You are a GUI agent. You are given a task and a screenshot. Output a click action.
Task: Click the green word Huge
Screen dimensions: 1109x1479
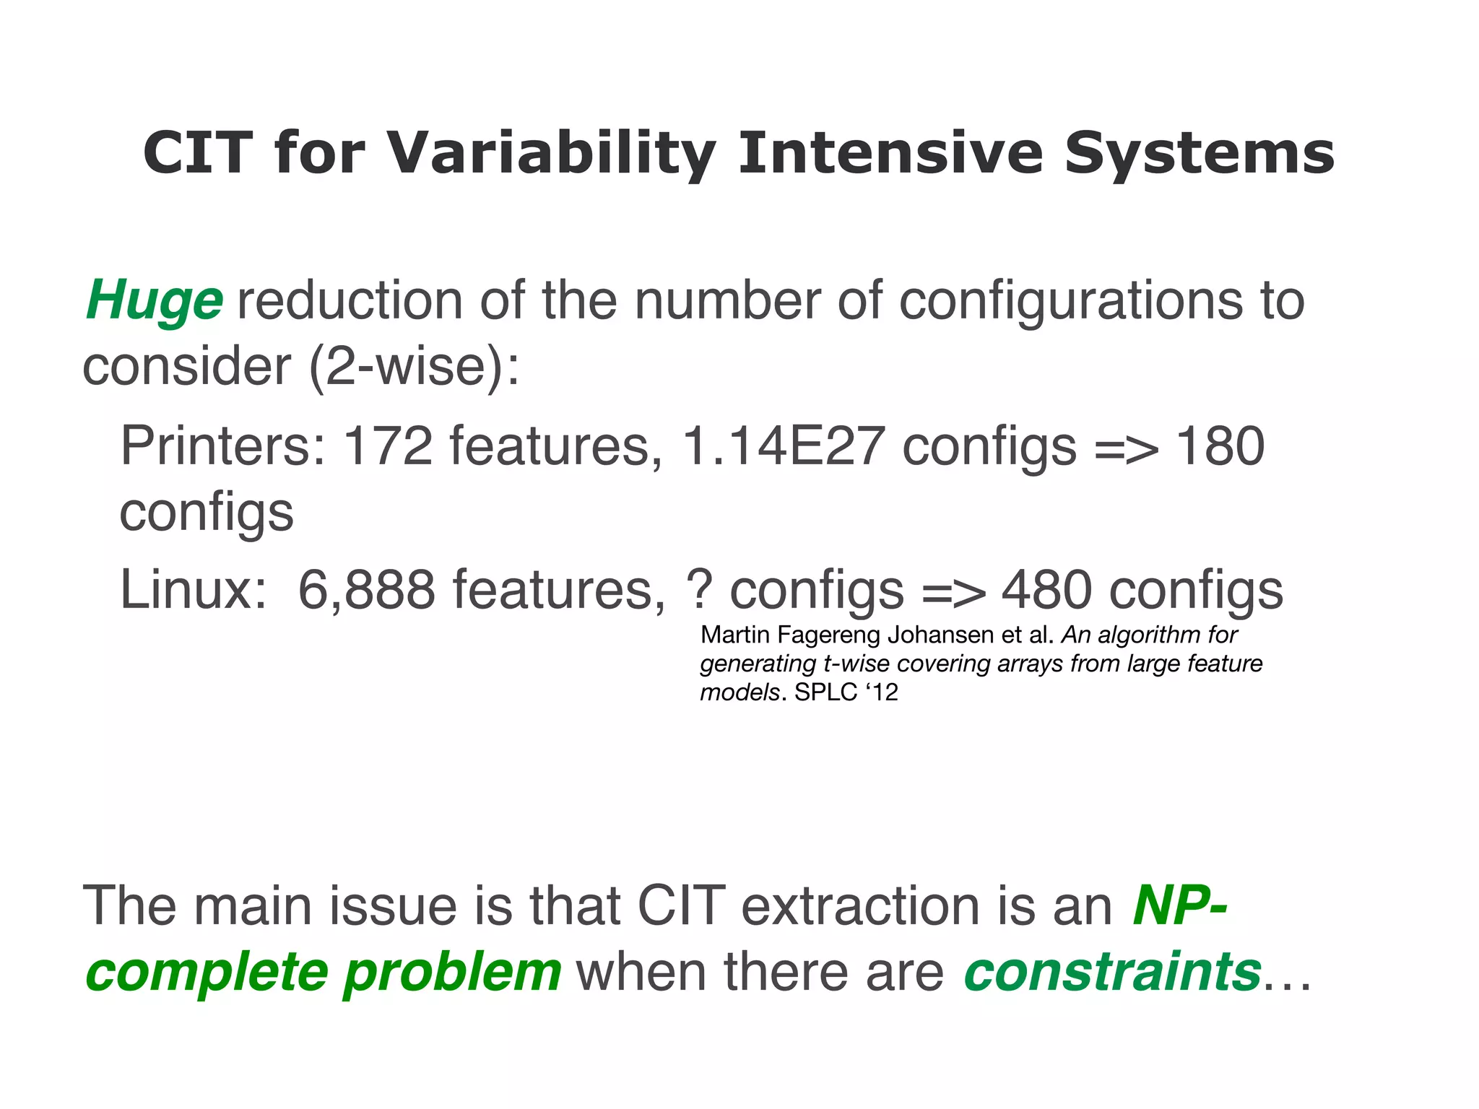155,300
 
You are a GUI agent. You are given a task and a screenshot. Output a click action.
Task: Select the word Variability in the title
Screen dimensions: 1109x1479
552,154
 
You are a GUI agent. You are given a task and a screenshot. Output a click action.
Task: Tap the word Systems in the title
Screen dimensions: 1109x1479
1199,154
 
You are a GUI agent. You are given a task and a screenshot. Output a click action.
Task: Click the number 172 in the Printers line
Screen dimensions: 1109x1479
388,445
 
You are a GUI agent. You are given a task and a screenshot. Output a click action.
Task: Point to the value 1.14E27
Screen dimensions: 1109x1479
783,445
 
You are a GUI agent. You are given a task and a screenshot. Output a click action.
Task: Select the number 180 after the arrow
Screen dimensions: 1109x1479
1220,445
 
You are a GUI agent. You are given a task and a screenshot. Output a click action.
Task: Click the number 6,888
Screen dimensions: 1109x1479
367,590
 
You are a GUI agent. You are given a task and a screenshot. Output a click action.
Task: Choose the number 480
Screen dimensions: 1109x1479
1046,590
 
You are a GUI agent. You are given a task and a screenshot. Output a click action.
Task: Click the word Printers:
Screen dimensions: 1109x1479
222,445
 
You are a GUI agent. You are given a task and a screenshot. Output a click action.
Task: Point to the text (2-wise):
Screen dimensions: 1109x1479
414,367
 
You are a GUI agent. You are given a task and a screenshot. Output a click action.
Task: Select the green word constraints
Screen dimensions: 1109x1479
1112,971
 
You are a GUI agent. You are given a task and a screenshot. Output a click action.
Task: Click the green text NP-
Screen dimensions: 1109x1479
1179,905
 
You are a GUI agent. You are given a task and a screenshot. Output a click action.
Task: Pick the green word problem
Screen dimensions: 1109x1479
452,973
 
